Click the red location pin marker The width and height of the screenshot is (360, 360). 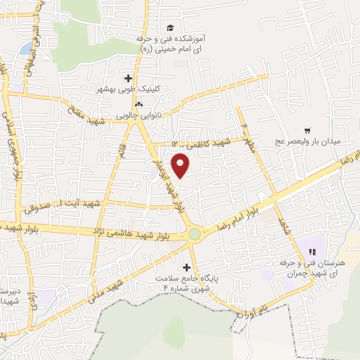pyautogui.click(x=181, y=166)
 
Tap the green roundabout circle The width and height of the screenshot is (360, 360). pyautogui.click(x=194, y=234)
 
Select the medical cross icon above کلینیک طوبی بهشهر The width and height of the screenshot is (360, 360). pyautogui.click(x=128, y=78)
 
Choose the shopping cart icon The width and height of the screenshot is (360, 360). pyautogui.click(x=307, y=130)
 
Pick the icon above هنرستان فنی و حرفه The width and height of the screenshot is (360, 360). pyautogui.click(x=311, y=251)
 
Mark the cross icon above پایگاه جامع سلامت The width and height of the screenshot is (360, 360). pyautogui.click(x=186, y=266)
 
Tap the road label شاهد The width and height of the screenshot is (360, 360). pyautogui.click(x=284, y=226)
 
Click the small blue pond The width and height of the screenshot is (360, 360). pyautogui.click(x=25, y=48)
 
